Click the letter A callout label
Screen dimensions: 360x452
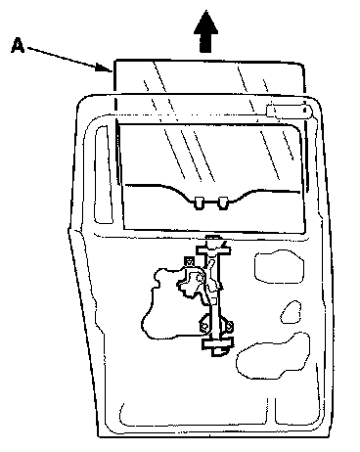point(18,45)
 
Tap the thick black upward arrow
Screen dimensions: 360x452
point(205,31)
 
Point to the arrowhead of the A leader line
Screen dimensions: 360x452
point(105,68)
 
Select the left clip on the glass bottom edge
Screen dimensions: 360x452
point(199,203)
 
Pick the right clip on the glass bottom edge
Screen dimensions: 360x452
point(223,203)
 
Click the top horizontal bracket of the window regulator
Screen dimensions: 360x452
point(213,250)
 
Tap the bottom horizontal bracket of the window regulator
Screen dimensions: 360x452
point(218,343)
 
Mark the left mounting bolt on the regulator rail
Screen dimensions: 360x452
point(204,326)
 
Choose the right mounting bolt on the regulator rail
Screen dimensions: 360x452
point(229,325)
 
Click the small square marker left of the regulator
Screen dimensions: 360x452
point(189,261)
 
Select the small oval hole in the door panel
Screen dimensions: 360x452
point(291,312)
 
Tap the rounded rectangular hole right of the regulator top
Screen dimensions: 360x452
point(280,266)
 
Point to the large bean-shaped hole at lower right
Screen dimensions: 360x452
point(273,356)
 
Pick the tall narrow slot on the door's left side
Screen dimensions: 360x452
point(103,174)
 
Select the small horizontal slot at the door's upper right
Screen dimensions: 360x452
point(289,111)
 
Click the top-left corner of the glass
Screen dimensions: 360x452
point(114,61)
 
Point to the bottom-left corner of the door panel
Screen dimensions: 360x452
point(99,436)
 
